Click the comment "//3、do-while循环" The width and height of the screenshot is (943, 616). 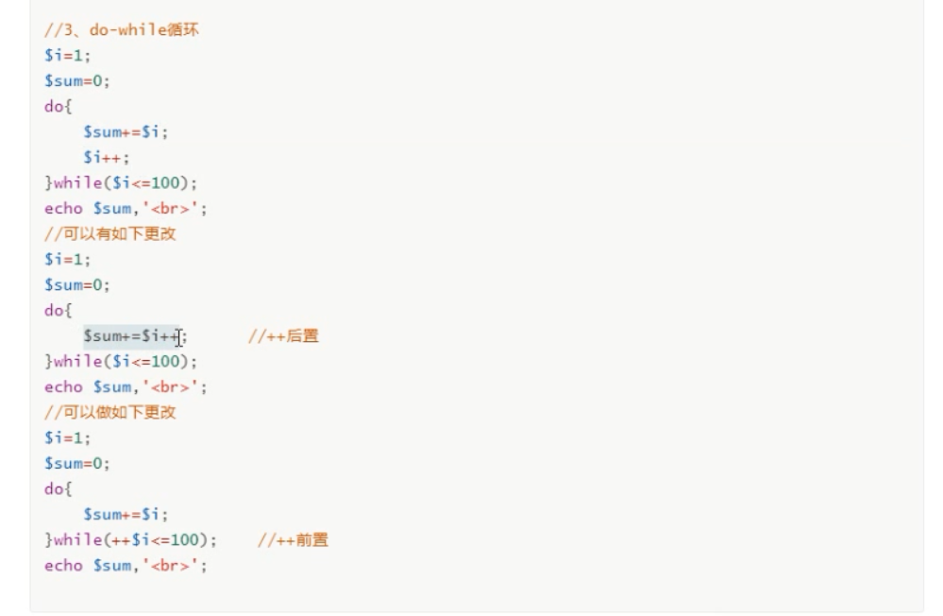point(121,29)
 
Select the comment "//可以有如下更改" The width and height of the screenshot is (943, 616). point(109,234)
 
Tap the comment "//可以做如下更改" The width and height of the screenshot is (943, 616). point(109,413)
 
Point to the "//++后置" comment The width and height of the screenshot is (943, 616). point(283,336)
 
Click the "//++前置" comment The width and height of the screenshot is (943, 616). point(293,540)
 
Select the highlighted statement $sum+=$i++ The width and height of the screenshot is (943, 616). point(129,336)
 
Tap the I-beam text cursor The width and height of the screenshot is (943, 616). point(178,337)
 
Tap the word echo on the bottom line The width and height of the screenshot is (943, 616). point(63,566)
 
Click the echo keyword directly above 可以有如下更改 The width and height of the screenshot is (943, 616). point(63,209)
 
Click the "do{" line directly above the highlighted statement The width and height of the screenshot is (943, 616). point(58,311)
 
